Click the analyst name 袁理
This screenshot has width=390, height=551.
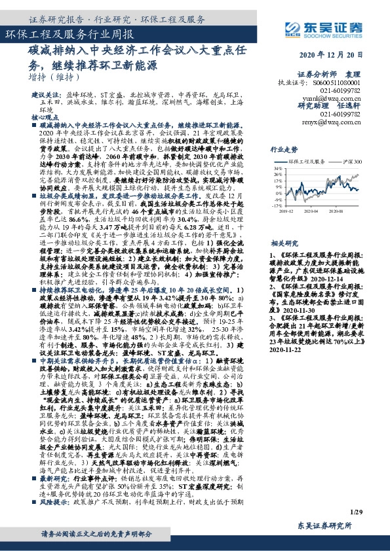coord(371,75)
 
